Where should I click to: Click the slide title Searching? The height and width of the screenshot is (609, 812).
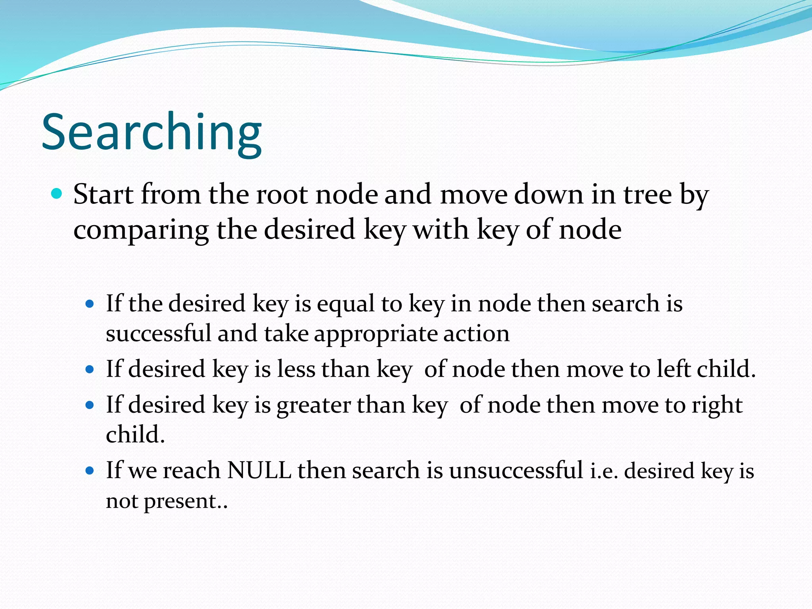coord(151,132)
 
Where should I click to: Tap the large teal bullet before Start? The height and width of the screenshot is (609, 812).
coord(57,194)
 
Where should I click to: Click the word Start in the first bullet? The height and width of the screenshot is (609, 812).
coord(103,195)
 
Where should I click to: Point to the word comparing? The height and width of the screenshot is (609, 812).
coord(141,230)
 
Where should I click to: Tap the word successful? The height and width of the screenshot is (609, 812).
coord(158,333)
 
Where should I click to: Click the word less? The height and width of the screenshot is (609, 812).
coord(296,369)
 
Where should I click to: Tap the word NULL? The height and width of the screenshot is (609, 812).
coord(259,471)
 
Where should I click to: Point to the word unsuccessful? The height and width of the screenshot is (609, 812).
coord(516,471)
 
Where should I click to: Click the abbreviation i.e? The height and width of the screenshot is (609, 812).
coord(604,471)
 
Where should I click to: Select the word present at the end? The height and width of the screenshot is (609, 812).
coord(180,502)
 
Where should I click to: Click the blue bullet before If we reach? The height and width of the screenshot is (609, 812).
coord(90,471)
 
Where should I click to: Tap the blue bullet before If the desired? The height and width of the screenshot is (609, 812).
coord(90,304)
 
